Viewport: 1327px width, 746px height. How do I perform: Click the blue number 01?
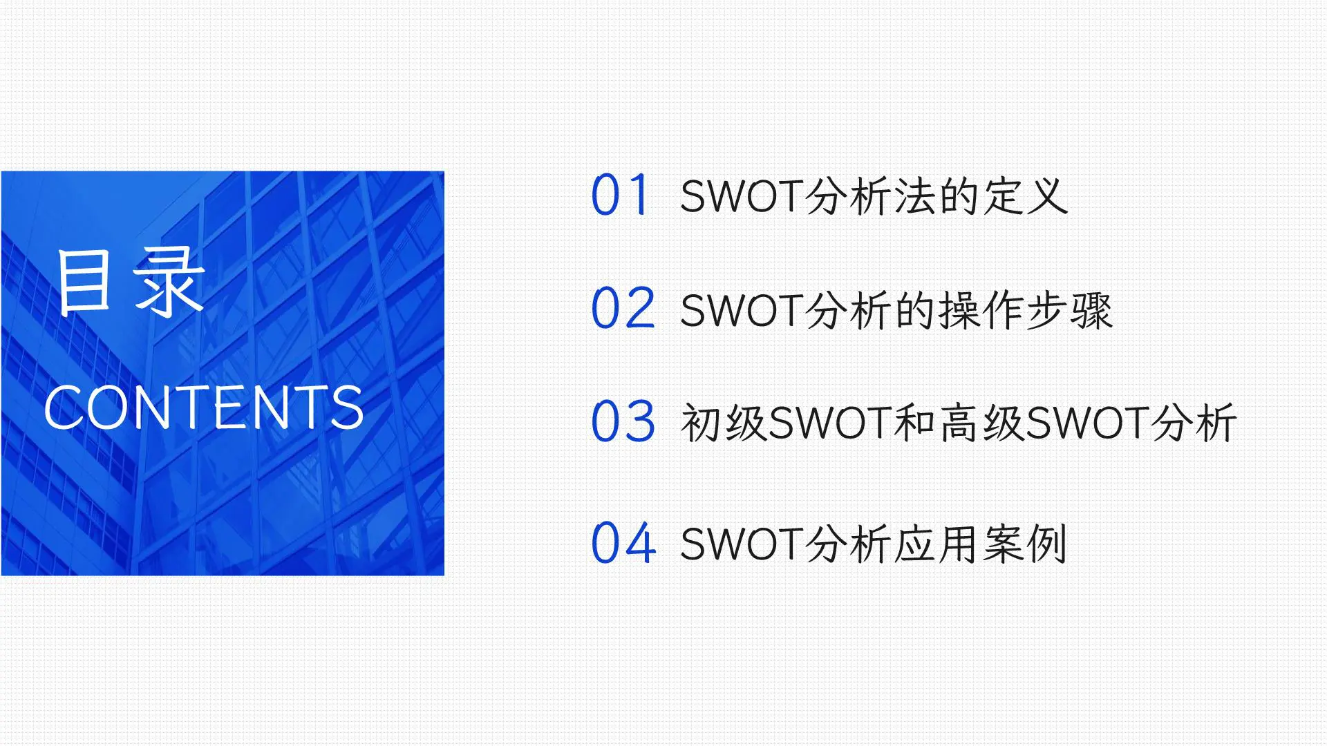(620, 195)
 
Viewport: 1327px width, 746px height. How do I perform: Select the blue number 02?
(623, 308)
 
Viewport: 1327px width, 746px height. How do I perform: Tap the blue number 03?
(623, 421)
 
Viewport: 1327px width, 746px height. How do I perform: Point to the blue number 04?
(623, 543)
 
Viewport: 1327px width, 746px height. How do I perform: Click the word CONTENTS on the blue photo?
(204, 408)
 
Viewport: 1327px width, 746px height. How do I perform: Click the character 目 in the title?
(84, 282)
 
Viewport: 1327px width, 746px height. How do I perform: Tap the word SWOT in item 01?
(740, 196)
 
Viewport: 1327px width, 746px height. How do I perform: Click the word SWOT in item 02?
(740, 310)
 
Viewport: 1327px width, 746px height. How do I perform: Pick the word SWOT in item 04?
(740, 544)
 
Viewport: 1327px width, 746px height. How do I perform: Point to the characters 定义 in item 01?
(1026, 196)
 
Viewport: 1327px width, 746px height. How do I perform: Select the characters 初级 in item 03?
(723, 423)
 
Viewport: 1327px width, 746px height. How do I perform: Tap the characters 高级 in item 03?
(981, 423)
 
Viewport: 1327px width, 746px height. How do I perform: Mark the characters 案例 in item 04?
(1026, 544)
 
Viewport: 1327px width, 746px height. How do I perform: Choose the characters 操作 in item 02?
(981, 310)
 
